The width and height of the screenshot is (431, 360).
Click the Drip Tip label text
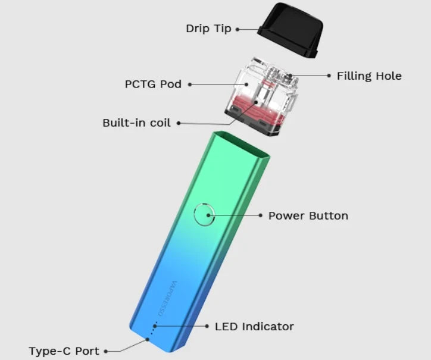tap(208, 29)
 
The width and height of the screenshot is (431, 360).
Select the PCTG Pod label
tap(153, 84)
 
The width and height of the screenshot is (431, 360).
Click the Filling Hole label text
tap(369, 76)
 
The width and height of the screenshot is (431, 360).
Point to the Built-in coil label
tap(136, 123)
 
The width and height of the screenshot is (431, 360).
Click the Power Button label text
tap(308, 215)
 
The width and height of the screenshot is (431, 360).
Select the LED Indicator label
tap(254, 326)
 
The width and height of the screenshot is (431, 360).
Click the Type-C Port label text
tap(64, 350)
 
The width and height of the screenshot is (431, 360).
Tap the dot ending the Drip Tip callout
tap(238, 29)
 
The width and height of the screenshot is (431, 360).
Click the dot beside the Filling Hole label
tap(329, 76)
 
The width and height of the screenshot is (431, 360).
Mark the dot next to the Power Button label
tap(260, 215)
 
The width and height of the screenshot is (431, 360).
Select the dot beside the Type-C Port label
tap(106, 351)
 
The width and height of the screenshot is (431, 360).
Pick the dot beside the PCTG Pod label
tap(189, 84)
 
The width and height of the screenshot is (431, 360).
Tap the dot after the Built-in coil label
tap(178, 123)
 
